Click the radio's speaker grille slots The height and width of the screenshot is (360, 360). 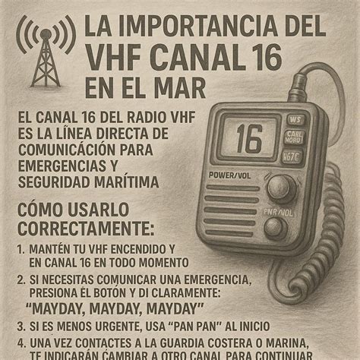click(x=232, y=216)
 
